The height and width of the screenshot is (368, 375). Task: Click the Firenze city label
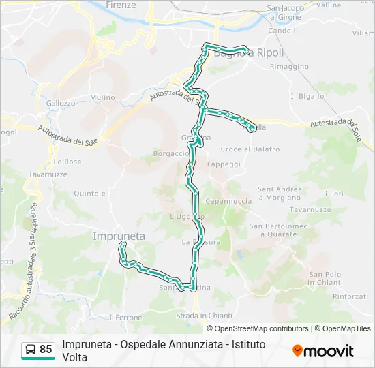click(121, 5)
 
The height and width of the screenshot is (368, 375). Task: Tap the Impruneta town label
click(118, 236)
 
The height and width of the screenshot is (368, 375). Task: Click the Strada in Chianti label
click(205, 316)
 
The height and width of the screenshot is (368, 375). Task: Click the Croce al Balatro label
click(251, 149)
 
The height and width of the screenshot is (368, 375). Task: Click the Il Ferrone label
click(125, 318)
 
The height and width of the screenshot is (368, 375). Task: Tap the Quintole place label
click(89, 194)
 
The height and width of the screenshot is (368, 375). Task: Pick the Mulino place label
click(102, 97)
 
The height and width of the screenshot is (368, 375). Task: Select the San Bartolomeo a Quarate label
click(273, 230)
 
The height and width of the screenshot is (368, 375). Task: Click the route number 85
click(46, 350)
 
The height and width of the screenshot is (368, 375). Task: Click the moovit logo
click(323, 351)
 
